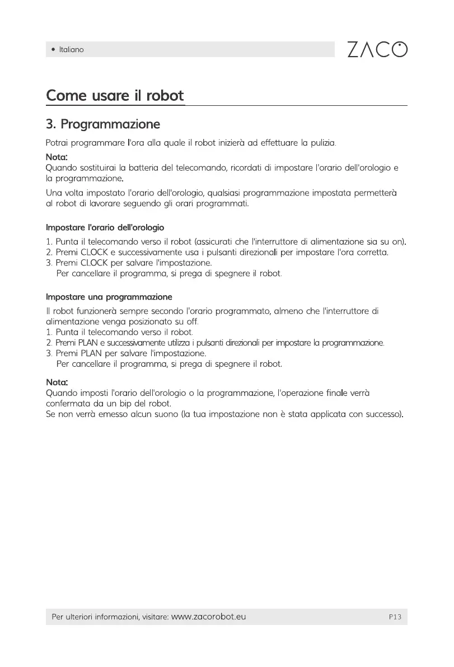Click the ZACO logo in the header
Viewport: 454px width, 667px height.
377,49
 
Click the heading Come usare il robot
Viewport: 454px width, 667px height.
115,95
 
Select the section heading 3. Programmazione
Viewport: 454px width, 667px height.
103,124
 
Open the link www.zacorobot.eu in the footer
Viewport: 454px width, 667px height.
209,617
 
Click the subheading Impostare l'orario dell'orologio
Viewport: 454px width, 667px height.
105,228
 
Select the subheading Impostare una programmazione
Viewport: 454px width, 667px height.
109,296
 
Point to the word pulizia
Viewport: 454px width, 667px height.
322,143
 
